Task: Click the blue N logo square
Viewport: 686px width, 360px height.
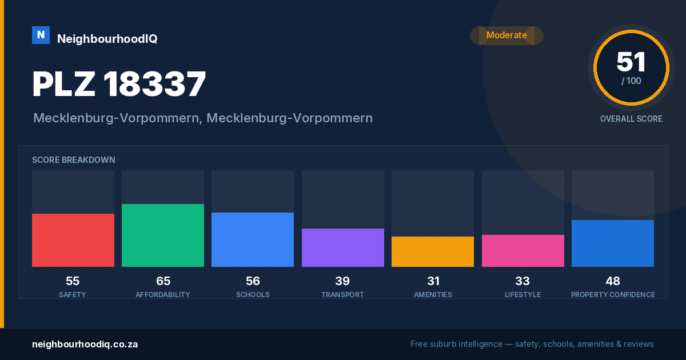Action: click(41, 35)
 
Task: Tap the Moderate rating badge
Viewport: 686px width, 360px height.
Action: click(506, 35)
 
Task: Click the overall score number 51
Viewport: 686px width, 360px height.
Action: click(631, 62)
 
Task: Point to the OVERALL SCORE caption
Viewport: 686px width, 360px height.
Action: click(631, 119)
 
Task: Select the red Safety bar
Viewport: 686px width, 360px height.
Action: click(73, 241)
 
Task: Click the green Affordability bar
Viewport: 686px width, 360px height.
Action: click(163, 235)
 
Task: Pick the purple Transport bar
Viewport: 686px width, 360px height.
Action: click(342, 247)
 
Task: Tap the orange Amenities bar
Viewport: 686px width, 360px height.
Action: click(433, 251)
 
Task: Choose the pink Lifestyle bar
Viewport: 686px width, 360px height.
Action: click(523, 251)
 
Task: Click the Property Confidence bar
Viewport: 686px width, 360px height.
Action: click(613, 243)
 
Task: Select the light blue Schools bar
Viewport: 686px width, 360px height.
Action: click(253, 239)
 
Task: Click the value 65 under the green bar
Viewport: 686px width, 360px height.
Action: click(163, 281)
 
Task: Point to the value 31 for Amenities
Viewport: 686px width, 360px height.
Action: click(433, 281)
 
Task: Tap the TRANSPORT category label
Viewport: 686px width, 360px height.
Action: click(342, 294)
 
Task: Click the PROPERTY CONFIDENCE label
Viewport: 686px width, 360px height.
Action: click(613, 294)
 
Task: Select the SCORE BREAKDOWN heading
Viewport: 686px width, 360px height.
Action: click(74, 160)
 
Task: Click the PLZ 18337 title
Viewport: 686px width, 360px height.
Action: click(119, 84)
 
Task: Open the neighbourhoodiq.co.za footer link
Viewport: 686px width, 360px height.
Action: click(85, 344)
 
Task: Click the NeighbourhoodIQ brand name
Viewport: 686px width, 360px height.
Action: click(107, 39)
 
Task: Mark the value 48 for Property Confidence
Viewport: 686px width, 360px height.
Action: click(613, 281)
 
